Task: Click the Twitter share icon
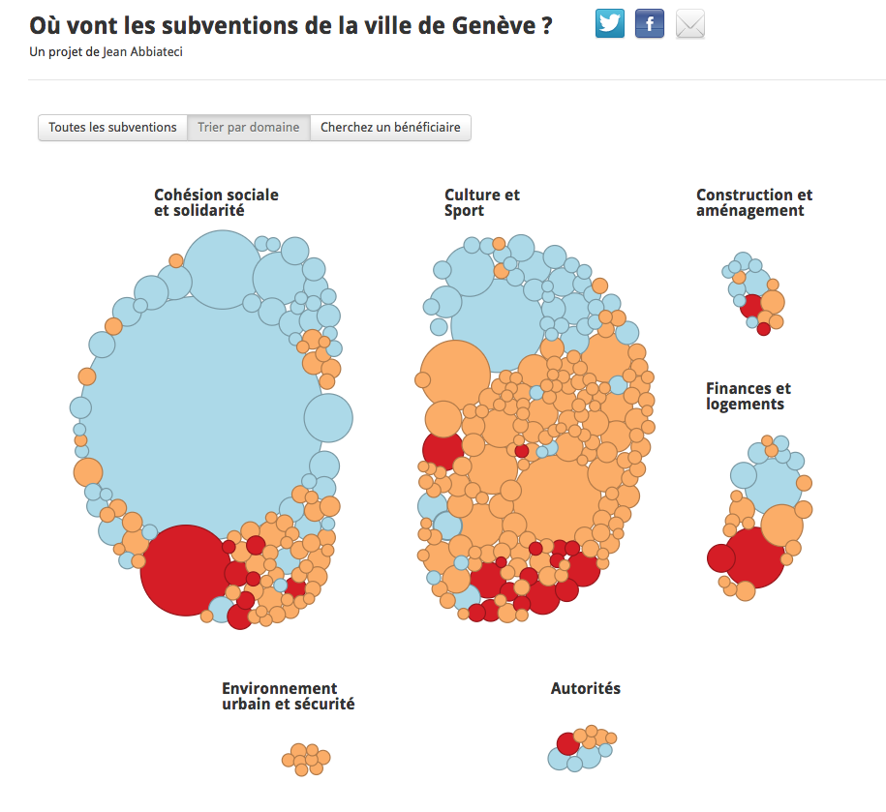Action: tap(610, 24)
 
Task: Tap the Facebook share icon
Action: tap(649, 24)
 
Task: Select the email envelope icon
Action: tap(690, 24)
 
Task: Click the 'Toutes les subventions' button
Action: tap(112, 128)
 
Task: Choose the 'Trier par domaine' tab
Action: tap(249, 128)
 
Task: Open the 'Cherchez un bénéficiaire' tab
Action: tap(390, 128)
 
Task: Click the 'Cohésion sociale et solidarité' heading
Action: tap(216, 202)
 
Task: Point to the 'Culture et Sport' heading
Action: tap(481, 202)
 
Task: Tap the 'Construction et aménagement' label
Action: tap(753, 202)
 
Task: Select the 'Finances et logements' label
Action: tap(748, 397)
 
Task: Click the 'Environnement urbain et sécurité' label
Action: tap(289, 696)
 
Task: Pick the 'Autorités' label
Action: tap(586, 688)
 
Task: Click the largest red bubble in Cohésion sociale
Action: tap(185, 570)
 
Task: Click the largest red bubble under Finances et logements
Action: tap(754, 557)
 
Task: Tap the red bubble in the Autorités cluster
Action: tap(568, 743)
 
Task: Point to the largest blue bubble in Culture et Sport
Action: tap(498, 325)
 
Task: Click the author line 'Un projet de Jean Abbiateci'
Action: tap(107, 52)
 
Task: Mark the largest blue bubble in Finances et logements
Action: tap(773, 486)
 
